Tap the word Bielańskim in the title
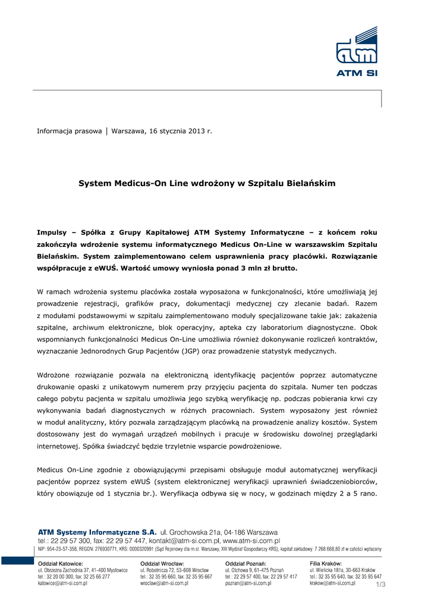[x=312, y=184]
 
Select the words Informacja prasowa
[x=70, y=130]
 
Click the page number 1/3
[x=380, y=585]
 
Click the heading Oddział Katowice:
[x=61, y=563]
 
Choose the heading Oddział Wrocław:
[x=162, y=563]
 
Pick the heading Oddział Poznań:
[x=246, y=563]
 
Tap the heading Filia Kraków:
[x=326, y=563]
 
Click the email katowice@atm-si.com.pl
[x=62, y=583]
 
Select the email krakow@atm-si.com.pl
[x=332, y=583]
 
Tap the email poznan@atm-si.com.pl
[x=248, y=583]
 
